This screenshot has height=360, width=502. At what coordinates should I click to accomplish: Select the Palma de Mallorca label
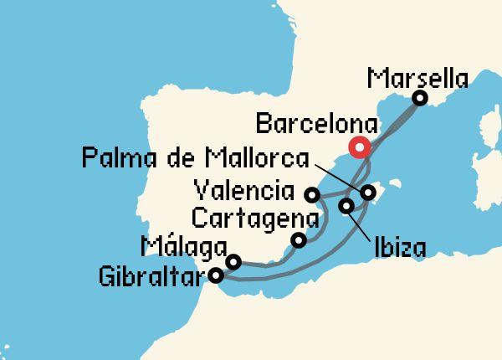point(195,157)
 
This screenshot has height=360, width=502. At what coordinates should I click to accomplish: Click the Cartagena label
point(255,219)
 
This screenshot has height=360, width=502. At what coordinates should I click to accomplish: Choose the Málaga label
point(184,247)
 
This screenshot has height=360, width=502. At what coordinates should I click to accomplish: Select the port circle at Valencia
point(312,195)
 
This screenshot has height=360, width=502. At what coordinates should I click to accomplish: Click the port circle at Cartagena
point(298,240)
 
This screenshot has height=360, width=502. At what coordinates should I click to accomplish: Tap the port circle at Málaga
point(233,261)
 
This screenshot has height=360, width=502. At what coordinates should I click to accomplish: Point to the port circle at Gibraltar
point(217,274)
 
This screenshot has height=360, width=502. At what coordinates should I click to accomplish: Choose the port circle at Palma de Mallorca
point(368,193)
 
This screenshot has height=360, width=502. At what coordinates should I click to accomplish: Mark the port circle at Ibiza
point(346,205)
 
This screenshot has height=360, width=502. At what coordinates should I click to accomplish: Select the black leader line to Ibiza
point(358,221)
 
